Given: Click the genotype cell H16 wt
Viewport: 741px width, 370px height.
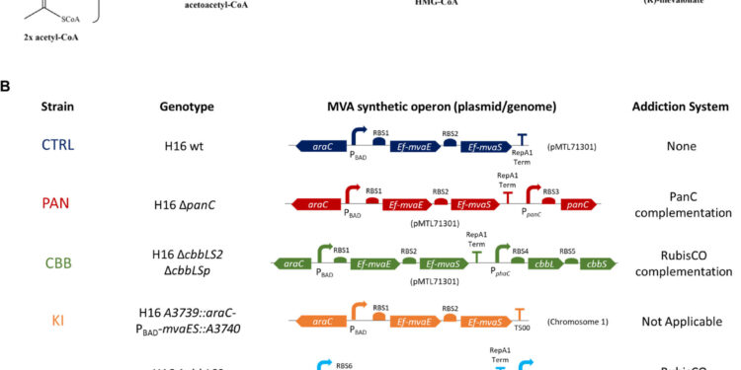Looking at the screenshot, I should (189, 147).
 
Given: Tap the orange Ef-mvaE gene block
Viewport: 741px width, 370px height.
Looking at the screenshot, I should (411, 321).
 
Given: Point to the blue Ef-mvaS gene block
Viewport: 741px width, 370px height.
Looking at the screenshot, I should (484, 146).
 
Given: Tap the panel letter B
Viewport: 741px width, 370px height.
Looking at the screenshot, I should (8, 86).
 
